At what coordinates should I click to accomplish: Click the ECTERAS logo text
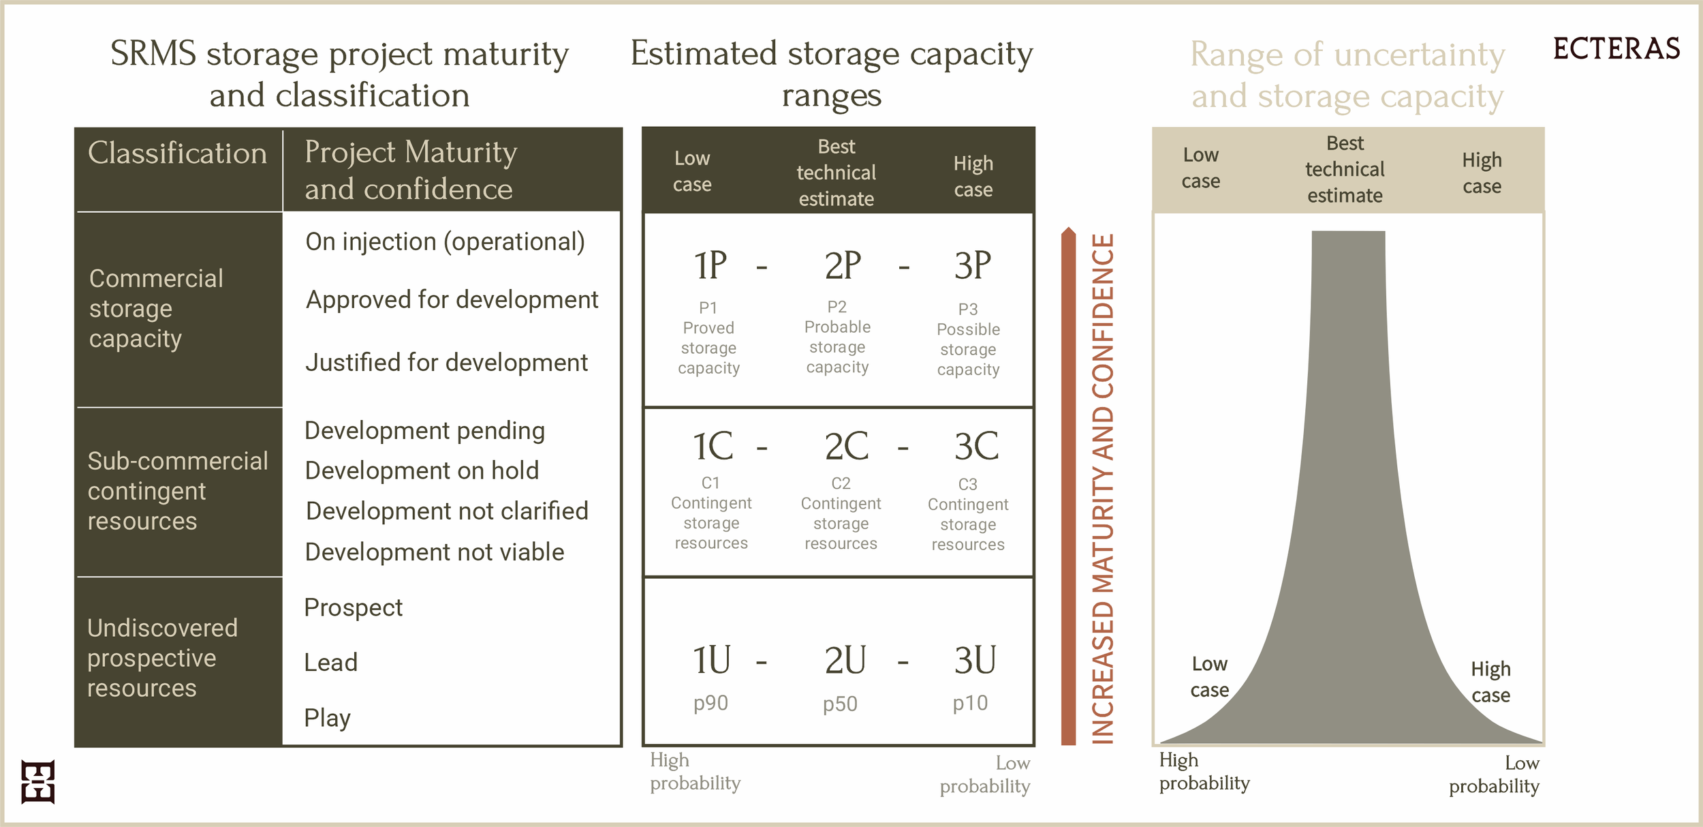[1616, 49]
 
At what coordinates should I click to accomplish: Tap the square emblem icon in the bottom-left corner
[37, 781]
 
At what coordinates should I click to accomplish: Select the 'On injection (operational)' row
[445, 242]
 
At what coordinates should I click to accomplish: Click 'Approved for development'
[452, 300]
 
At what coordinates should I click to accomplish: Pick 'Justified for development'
[446, 363]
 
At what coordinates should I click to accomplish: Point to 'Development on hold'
[422, 470]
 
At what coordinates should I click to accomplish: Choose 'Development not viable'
[435, 552]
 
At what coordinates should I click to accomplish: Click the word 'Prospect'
[353, 607]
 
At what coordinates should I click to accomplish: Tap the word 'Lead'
[330, 663]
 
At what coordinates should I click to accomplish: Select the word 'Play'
[327, 718]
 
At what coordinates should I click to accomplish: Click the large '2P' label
[843, 266]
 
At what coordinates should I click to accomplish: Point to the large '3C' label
[975, 447]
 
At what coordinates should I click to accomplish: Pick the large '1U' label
[711, 660]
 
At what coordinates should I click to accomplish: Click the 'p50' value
[840, 704]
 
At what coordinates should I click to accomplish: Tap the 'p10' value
[970, 703]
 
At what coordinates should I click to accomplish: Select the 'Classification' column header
[177, 153]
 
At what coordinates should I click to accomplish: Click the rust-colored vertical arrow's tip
[1068, 232]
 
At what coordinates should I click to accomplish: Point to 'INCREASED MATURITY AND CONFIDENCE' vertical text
[1104, 487]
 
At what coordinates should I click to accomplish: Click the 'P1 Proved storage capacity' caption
[708, 338]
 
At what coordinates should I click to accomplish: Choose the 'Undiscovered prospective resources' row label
[162, 658]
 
